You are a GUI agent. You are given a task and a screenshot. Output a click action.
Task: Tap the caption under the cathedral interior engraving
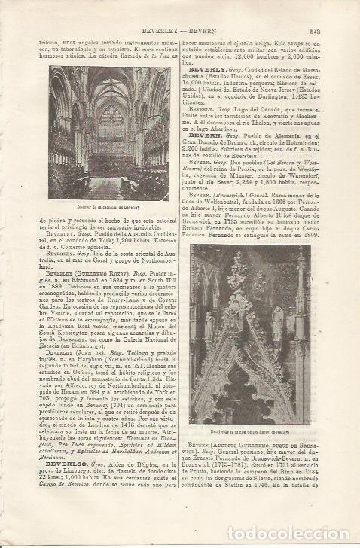pyautogui.click(x=110, y=205)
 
